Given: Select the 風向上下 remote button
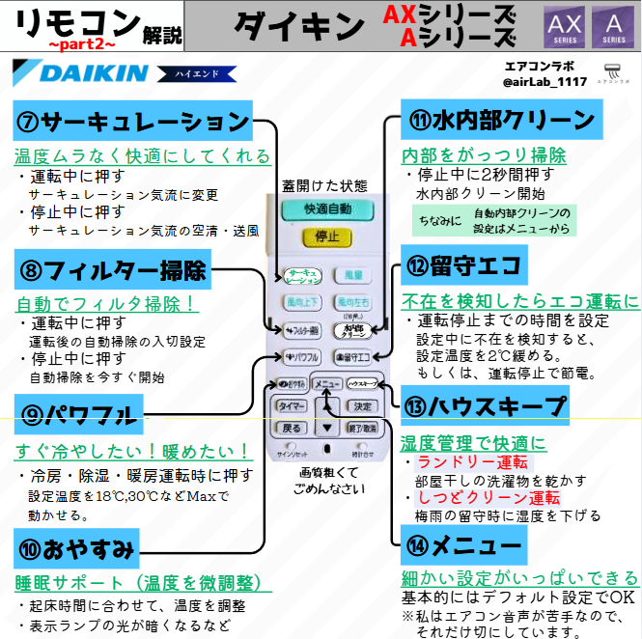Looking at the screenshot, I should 299,304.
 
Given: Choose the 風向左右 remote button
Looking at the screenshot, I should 352,304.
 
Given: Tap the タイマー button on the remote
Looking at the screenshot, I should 292,406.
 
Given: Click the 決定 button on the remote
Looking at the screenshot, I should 362,406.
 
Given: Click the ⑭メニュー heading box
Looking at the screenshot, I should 463,546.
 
